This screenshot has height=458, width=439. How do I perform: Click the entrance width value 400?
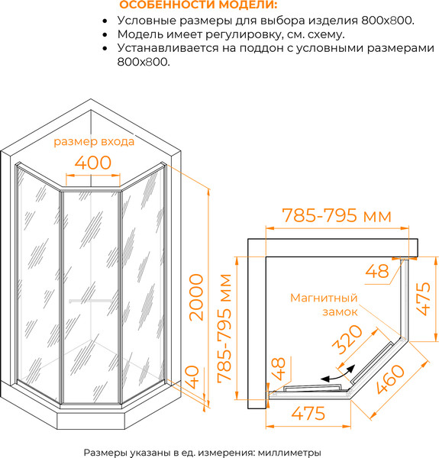93,163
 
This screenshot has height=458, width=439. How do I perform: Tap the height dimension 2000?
196,298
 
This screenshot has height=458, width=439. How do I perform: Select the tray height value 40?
192,377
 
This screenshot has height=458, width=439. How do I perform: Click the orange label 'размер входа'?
94,142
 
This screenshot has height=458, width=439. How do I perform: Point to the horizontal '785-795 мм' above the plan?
337,215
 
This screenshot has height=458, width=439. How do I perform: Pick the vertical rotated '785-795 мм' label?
224,328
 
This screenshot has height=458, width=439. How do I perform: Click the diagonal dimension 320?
347,340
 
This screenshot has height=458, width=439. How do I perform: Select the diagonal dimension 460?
390,379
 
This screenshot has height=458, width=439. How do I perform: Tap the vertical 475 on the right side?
423,298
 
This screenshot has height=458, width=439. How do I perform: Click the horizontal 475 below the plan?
308,413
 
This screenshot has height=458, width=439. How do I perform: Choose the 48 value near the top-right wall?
377,271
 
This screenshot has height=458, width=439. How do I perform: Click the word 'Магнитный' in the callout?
324,298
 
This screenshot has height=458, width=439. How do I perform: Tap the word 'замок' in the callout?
340,312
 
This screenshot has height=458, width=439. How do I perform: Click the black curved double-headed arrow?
338,375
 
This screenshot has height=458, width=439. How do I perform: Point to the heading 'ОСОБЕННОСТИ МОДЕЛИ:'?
199,5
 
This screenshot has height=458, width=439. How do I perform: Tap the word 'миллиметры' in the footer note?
289,453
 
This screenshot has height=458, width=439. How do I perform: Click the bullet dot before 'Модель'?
105,35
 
